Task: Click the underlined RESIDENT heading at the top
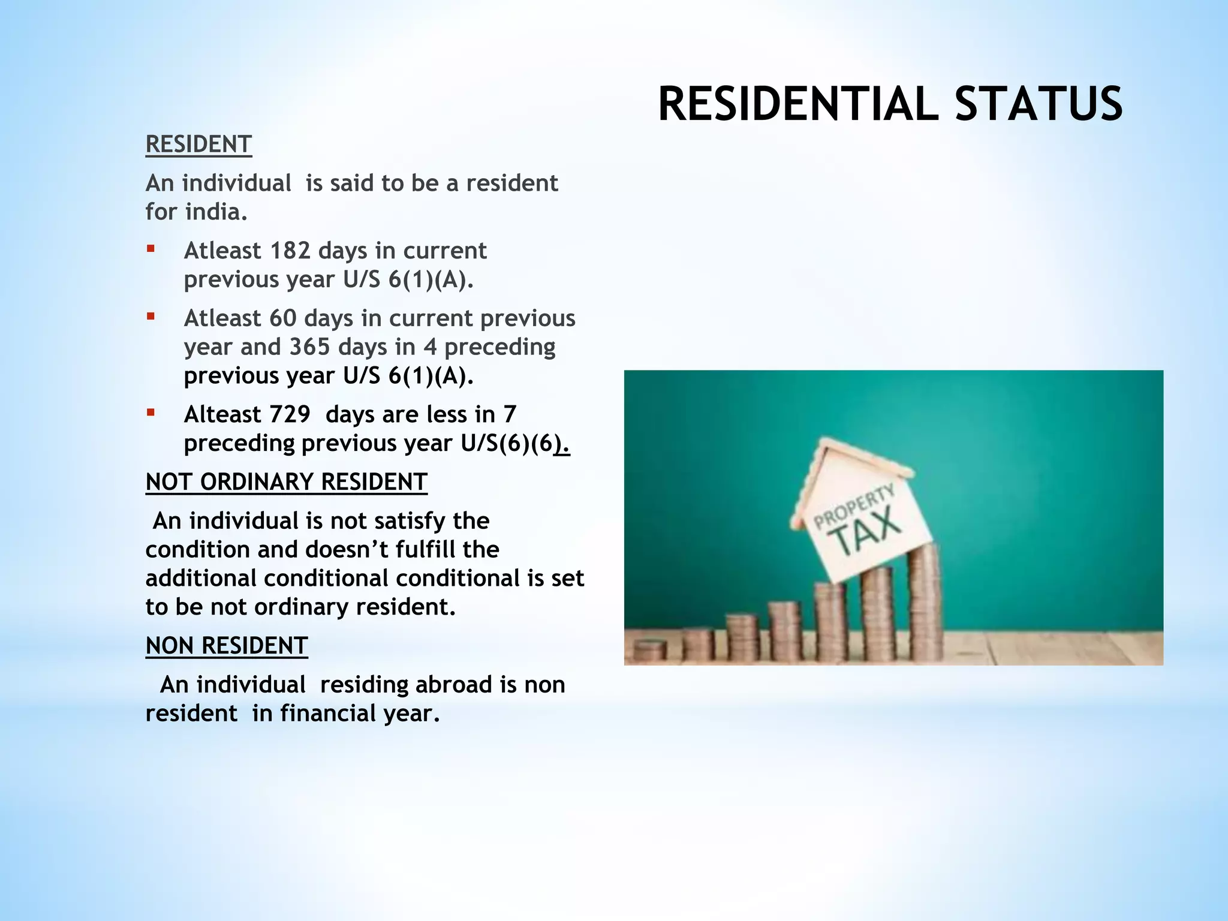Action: [x=198, y=145]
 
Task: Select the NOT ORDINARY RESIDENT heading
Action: [x=286, y=482]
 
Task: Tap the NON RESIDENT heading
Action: [x=226, y=646]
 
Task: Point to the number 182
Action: [x=290, y=251]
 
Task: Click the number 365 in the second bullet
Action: [x=309, y=347]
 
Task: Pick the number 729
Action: [x=290, y=414]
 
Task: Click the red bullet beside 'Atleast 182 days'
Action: [x=151, y=248]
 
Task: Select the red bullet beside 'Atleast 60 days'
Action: [x=151, y=316]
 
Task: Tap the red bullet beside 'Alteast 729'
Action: [x=151, y=412]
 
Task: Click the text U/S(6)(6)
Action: [x=514, y=443]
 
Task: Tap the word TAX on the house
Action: [x=867, y=530]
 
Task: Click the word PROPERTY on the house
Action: [x=854, y=507]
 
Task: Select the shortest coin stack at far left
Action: [x=650, y=650]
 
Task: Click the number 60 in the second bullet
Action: [x=282, y=318]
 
